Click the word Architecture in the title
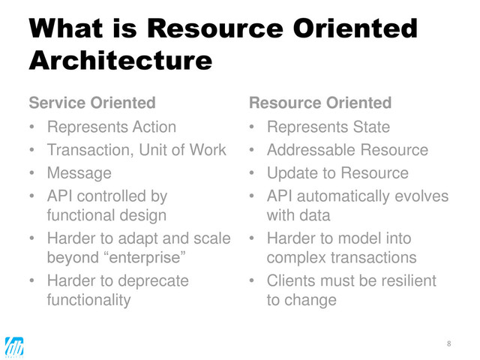pyautogui.click(x=119, y=59)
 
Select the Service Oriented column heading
pyautogui.click(x=92, y=102)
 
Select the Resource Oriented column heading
pyautogui.click(x=319, y=102)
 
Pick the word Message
pyautogui.click(x=79, y=173)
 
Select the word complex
pyautogui.click(x=295, y=259)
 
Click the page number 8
pyautogui.click(x=449, y=343)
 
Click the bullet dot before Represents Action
pyautogui.click(x=32, y=127)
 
